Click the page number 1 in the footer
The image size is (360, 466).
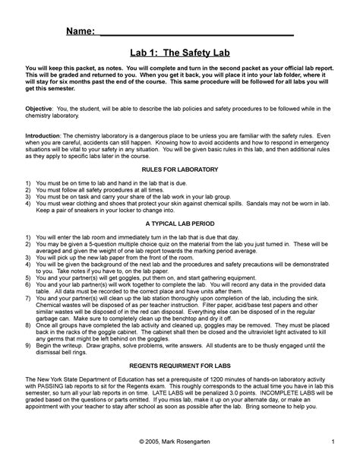tap(333, 442)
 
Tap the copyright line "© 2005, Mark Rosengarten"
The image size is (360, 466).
tap(179, 442)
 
